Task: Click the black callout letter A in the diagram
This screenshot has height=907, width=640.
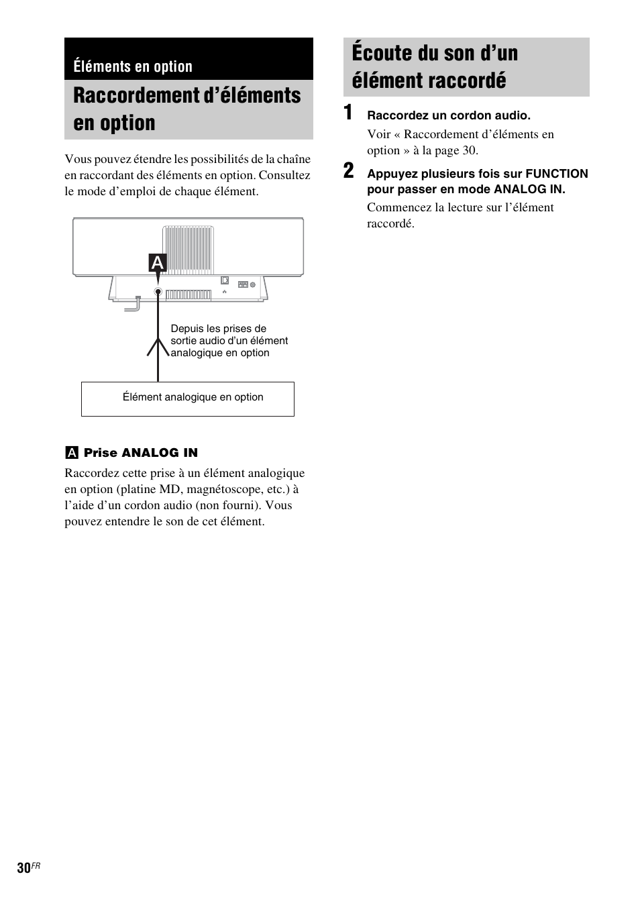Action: (158, 263)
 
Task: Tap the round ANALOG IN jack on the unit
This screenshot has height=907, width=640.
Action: (158, 292)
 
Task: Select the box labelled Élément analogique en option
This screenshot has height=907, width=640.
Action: (188, 398)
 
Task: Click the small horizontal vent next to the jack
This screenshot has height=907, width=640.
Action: (189, 294)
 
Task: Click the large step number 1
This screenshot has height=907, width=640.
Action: (348, 113)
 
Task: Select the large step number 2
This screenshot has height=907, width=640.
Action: (348, 172)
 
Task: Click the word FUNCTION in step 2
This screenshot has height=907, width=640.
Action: (557, 174)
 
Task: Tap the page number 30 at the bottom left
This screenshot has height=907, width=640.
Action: (23, 868)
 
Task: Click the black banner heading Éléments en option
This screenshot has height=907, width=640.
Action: (133, 66)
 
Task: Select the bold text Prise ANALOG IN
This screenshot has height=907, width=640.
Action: (141, 453)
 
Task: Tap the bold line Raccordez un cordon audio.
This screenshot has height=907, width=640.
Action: (448, 115)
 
